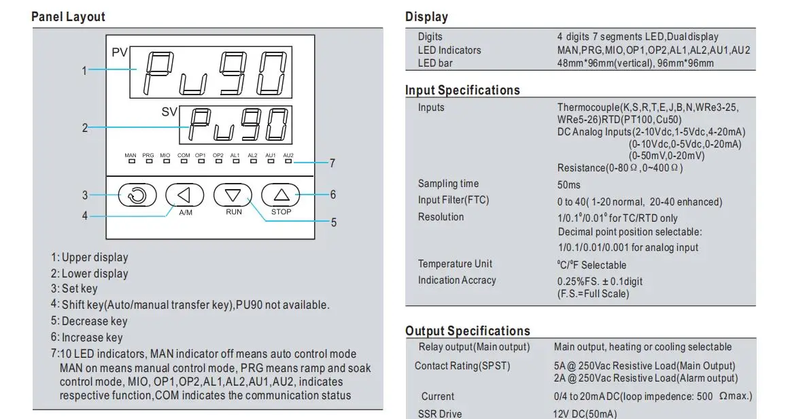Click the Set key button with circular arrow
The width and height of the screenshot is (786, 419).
click(137, 195)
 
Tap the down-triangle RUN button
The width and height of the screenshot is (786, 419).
click(233, 195)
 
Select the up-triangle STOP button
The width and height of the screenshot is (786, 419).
click(281, 195)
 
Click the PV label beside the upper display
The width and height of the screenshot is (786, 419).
click(119, 52)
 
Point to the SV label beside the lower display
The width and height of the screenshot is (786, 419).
click(169, 112)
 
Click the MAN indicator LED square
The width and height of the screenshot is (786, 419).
click(131, 161)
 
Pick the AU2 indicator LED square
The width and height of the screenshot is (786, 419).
click(288, 161)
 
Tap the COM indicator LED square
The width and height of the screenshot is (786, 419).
click(184, 161)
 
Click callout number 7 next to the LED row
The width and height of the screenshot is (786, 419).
click(332, 163)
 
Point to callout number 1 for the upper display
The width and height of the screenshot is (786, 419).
click(84, 71)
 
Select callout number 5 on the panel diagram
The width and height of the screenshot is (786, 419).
click(334, 222)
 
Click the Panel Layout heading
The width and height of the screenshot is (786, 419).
click(68, 16)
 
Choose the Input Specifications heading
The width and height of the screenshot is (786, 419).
click(462, 90)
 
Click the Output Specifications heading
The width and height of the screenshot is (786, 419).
click(468, 331)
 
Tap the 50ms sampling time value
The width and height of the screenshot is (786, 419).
click(569, 185)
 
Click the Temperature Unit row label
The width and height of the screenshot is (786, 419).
click(455, 264)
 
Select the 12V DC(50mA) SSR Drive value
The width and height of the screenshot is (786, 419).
click(585, 414)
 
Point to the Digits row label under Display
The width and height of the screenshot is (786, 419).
click(430, 37)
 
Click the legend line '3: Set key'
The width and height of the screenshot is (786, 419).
click(74, 288)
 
